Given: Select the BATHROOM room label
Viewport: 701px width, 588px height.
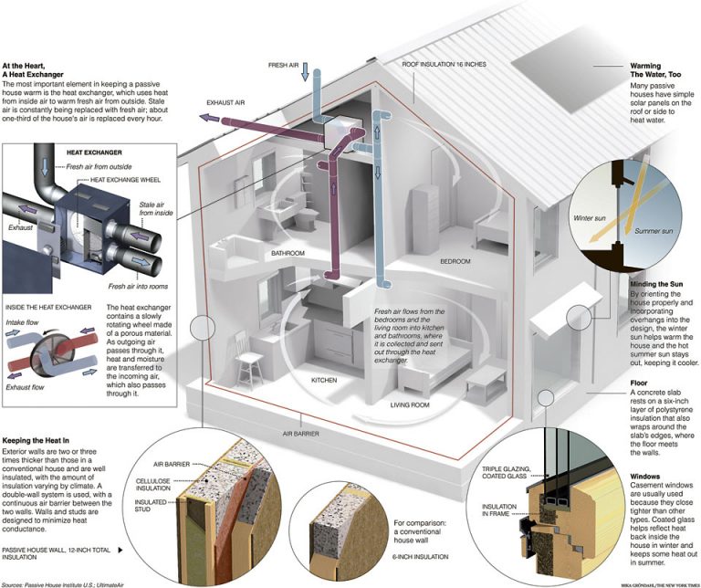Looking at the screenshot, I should tap(288, 254).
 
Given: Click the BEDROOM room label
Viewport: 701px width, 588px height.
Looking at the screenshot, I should tap(455, 261).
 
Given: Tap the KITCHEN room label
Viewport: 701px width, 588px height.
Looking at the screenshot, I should tap(325, 379).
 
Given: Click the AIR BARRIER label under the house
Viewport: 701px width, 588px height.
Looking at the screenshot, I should tap(300, 435).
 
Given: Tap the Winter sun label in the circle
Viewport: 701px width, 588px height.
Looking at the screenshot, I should tap(589, 219).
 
